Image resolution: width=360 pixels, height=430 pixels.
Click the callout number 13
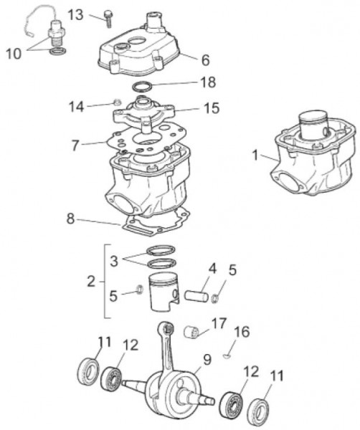coord(76,15)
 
